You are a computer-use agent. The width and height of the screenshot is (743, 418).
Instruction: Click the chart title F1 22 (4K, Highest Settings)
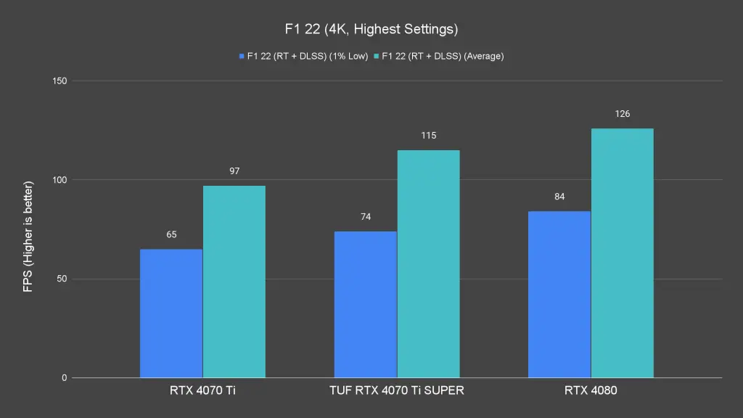tap(371, 30)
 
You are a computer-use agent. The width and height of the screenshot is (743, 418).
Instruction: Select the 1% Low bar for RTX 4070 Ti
tap(171, 313)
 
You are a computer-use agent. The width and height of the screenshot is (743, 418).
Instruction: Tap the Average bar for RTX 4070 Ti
tap(234, 282)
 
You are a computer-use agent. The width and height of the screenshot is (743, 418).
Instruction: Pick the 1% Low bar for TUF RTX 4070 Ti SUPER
tap(366, 305)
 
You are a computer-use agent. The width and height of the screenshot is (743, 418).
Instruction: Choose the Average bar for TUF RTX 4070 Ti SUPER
tap(428, 264)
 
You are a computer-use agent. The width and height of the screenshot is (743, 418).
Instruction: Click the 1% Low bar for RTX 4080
tap(559, 295)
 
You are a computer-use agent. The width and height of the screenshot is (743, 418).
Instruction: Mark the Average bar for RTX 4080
tap(623, 253)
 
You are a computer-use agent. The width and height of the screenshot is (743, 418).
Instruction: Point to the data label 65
tap(171, 234)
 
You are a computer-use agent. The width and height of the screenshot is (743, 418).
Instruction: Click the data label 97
tap(234, 171)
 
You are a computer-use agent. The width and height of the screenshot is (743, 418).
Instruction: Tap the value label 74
tap(366, 217)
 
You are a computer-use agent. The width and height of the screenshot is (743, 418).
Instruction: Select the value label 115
tap(428, 136)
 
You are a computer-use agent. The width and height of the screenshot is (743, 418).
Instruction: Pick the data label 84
tap(559, 197)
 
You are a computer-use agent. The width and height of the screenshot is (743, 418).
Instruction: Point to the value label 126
tap(623, 114)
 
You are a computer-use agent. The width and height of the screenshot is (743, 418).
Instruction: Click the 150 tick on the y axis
tap(59, 81)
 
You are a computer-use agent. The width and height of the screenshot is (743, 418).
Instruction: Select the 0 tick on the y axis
tap(64, 378)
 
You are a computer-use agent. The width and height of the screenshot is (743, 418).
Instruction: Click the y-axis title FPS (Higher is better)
tap(28, 229)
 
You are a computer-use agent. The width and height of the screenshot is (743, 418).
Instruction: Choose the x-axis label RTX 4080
tap(591, 390)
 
